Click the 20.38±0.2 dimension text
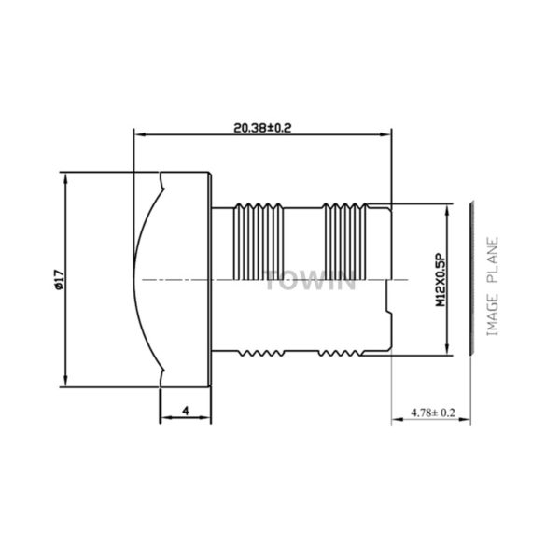pyautogui.click(x=262, y=128)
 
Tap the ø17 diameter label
pyautogui.click(x=59, y=280)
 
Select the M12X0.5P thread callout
pyautogui.click(x=441, y=280)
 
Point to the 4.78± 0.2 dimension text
pyautogui.click(x=433, y=413)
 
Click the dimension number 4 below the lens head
pyautogui.click(x=186, y=411)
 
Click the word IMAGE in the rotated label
pyautogui.click(x=493, y=315)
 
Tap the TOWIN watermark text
pyautogui.click(x=310, y=281)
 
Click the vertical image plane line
pyautogui.click(x=471, y=278)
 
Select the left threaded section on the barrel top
pyautogui.click(x=259, y=242)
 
